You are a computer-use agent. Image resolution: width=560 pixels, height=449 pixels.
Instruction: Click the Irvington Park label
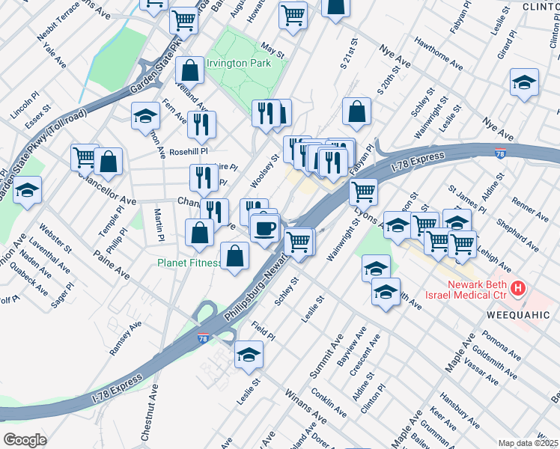pyautogui.click(x=238, y=64)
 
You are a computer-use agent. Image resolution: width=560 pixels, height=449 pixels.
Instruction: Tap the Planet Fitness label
pyautogui.click(x=189, y=263)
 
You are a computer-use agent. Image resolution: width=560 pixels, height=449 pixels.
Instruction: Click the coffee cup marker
pyautogui.click(x=264, y=227)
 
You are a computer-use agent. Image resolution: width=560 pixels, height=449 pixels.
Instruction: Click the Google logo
pyautogui.click(x=25, y=439)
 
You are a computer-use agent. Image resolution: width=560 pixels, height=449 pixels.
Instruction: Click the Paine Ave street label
pyautogui.click(x=112, y=267)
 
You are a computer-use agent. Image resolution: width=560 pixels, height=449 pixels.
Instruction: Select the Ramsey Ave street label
pyautogui.click(x=125, y=338)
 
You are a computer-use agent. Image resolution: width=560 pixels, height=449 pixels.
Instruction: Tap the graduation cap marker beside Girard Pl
pyautogui.click(x=524, y=83)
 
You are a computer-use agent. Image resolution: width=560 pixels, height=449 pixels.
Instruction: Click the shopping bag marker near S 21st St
pyautogui.click(x=357, y=112)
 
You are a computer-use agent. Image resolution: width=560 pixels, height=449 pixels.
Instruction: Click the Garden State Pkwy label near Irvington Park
pyautogui.click(x=156, y=71)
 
